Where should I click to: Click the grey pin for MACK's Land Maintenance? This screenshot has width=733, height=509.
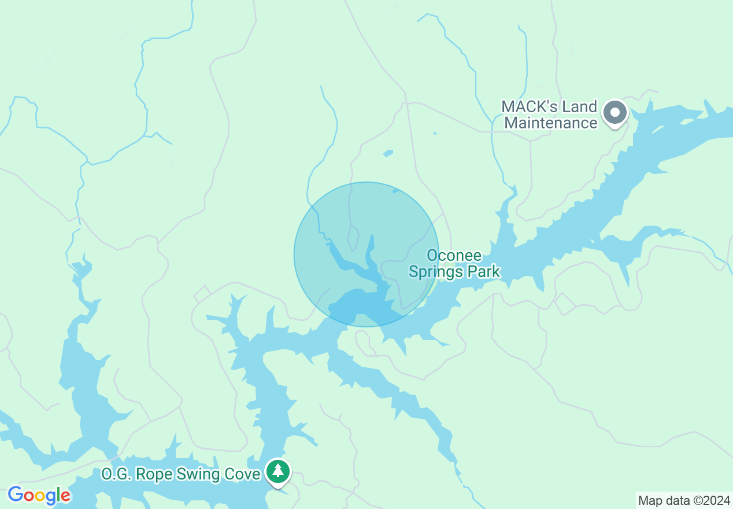614,112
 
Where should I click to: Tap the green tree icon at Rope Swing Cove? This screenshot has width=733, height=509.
279,471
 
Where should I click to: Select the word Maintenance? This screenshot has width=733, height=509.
551,123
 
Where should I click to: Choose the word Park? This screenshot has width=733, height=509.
483,271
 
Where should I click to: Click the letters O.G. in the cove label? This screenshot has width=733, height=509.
113,475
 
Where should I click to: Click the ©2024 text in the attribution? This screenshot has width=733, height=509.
712,501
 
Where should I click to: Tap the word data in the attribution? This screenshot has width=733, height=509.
677,501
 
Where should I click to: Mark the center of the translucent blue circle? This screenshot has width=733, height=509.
366,254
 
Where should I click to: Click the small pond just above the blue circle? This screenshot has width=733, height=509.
387,153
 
